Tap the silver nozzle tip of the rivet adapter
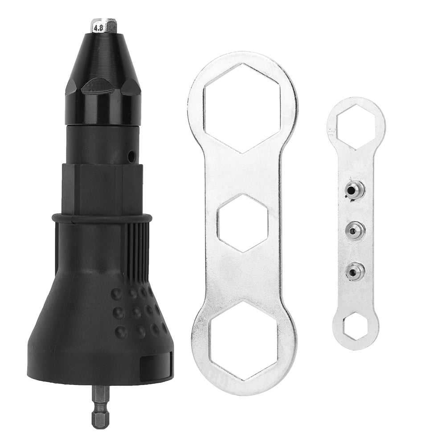coord(104,26)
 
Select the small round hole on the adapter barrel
coord(131,156)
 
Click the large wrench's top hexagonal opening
coord(242,108)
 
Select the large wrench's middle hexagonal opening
coord(243,223)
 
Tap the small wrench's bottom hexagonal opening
coord(356,326)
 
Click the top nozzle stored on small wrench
coord(355,190)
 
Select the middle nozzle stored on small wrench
coord(355,230)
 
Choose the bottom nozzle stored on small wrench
coord(355,271)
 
